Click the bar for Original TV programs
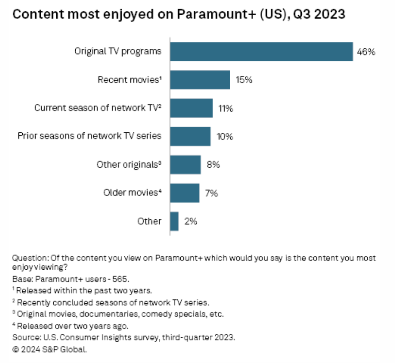click(261, 52)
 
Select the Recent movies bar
click(200, 80)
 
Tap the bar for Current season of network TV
click(191, 108)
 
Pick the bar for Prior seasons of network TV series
click(190, 137)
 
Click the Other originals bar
click(185, 165)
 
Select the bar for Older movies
click(184, 193)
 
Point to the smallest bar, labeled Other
click(174, 221)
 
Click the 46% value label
click(365, 52)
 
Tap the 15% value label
click(243, 80)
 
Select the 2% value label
click(190, 221)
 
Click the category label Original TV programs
click(118, 52)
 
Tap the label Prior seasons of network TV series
click(90, 137)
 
